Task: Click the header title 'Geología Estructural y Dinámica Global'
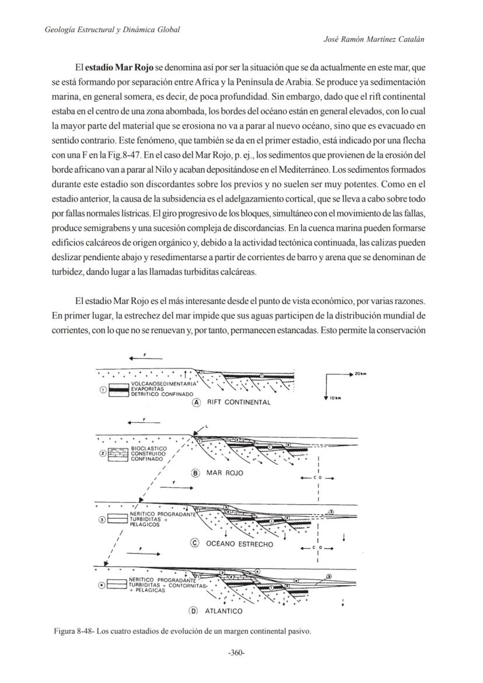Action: (112, 29)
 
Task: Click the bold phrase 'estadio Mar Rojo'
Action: (120, 68)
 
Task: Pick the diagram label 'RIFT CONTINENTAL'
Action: (239, 402)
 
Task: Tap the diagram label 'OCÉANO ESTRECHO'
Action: (239, 544)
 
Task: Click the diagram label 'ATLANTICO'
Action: (223, 611)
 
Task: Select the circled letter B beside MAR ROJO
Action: (196, 473)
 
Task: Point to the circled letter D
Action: (194, 611)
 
